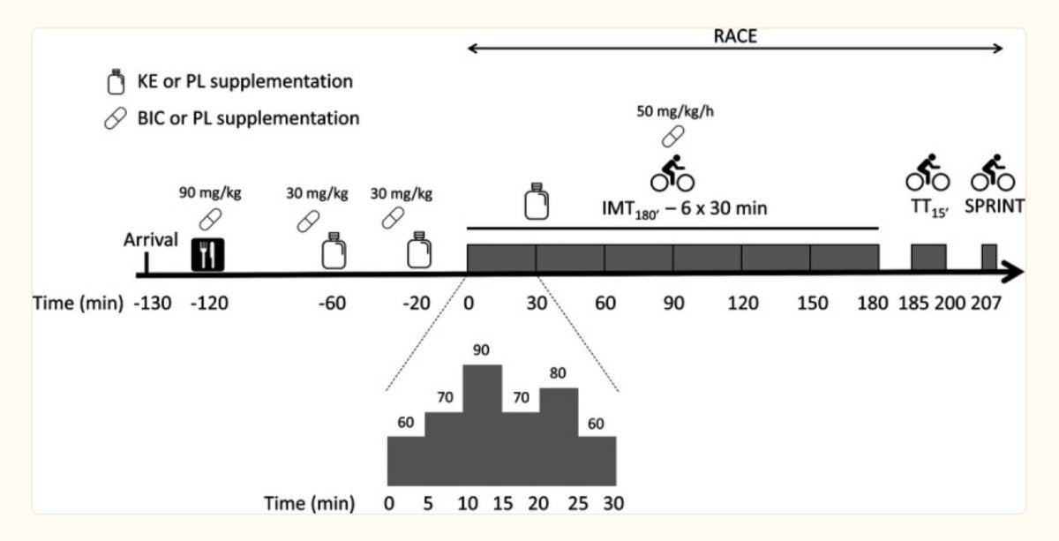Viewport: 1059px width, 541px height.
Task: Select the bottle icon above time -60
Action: (332, 251)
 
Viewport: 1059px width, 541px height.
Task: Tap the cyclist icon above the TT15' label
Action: (928, 174)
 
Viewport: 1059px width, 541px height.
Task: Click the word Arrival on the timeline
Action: (150, 240)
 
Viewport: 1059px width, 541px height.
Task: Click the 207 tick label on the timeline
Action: (986, 303)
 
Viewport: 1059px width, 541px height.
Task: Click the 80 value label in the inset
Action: (558, 374)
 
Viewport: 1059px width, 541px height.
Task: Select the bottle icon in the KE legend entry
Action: (113, 83)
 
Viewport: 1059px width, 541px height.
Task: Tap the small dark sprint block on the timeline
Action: (989, 257)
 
